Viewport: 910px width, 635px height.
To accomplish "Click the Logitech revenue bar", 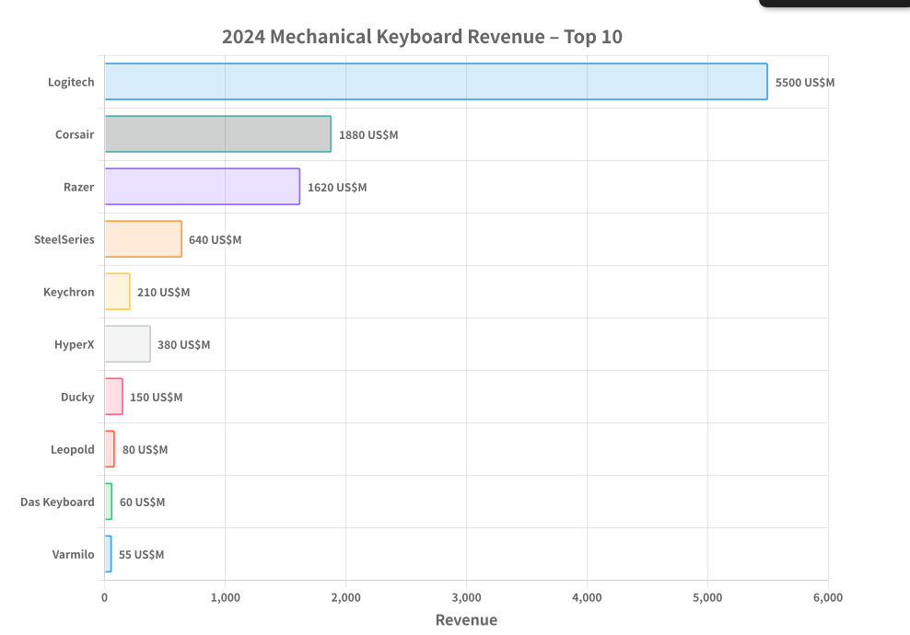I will (436, 82).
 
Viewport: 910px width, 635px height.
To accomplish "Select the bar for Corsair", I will (217, 134).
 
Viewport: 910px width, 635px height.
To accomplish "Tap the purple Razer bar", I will (202, 187).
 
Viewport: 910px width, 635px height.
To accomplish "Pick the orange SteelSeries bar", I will (143, 239).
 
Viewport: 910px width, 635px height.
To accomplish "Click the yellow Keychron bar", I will (117, 292).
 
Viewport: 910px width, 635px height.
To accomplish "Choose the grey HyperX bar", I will (127, 344).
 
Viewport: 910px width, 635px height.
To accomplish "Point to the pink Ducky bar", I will (113, 397).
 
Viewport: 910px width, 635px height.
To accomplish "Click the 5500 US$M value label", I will (804, 82).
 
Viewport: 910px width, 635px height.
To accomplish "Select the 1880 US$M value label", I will (368, 134).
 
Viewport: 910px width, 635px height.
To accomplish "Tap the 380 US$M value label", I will (183, 344).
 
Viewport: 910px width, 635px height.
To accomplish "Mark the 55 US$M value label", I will (141, 554).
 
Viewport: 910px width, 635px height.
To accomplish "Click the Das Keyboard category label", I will (57, 502).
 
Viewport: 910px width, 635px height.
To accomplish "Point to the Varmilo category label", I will (73, 554).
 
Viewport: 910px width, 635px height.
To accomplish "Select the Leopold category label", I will (72, 449).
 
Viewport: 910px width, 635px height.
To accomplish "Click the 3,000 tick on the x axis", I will (466, 597).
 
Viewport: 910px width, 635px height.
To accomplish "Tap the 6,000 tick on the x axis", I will (827, 597).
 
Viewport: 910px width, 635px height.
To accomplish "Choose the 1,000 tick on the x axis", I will (225, 597).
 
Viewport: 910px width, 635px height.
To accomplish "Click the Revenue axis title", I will (466, 619).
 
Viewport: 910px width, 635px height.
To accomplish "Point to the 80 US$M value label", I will (145, 449).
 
